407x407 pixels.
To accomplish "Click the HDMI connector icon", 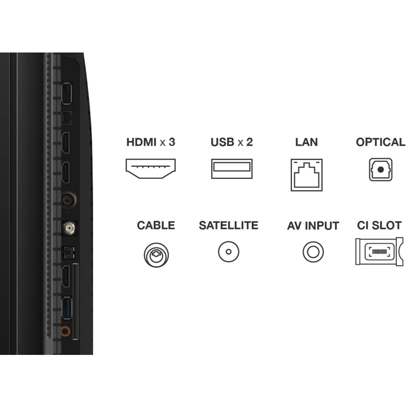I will click(x=150, y=169).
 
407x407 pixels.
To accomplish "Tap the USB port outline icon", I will click(x=232, y=169).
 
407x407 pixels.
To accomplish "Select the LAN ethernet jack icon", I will click(x=306, y=175).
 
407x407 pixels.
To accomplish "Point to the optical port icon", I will click(x=381, y=169).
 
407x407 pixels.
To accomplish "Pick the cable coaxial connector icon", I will click(x=156, y=255).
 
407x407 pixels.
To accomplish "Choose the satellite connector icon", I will click(x=228, y=252).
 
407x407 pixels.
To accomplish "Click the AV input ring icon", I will click(x=313, y=252).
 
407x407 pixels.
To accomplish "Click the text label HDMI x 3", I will click(x=151, y=142).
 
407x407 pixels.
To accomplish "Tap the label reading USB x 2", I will click(x=232, y=142).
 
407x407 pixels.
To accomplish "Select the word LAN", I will click(x=306, y=142).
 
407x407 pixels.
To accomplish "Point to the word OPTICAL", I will click(x=381, y=142).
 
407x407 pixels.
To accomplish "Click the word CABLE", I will click(x=156, y=225).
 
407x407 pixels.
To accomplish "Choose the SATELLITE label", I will click(x=228, y=225).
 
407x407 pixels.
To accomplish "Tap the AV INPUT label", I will click(x=313, y=225).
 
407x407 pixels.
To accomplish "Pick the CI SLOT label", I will click(x=379, y=225).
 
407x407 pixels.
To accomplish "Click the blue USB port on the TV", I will click(x=66, y=309).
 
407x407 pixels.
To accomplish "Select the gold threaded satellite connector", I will click(x=68, y=228).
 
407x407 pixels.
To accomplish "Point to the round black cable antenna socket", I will click(x=67, y=200).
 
